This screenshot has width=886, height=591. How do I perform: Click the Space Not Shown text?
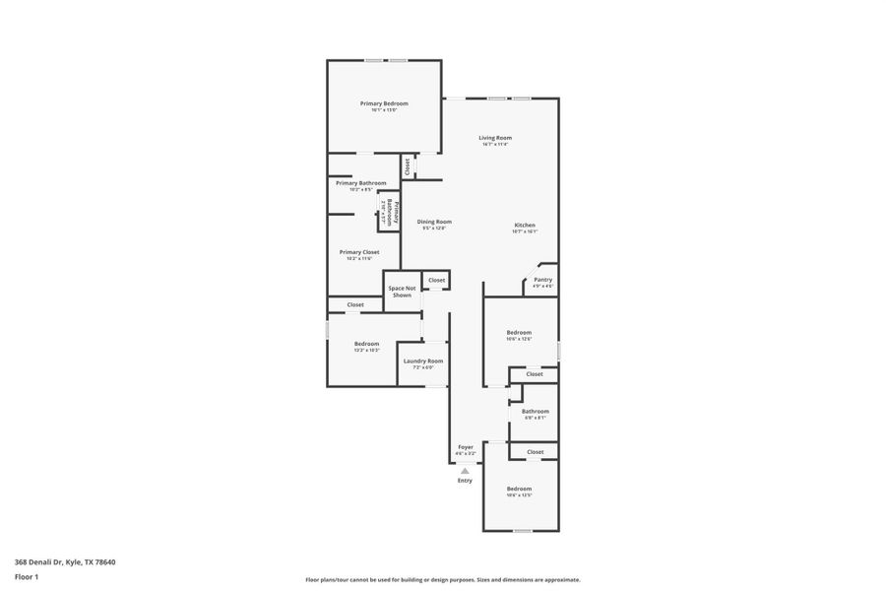402,292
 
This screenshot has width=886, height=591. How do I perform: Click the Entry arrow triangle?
465,471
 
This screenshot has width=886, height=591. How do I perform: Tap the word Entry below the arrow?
465,481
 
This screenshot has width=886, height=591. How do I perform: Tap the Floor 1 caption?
28,576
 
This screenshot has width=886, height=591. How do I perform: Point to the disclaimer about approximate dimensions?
443,580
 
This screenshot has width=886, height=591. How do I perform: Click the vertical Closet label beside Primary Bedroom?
407,166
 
